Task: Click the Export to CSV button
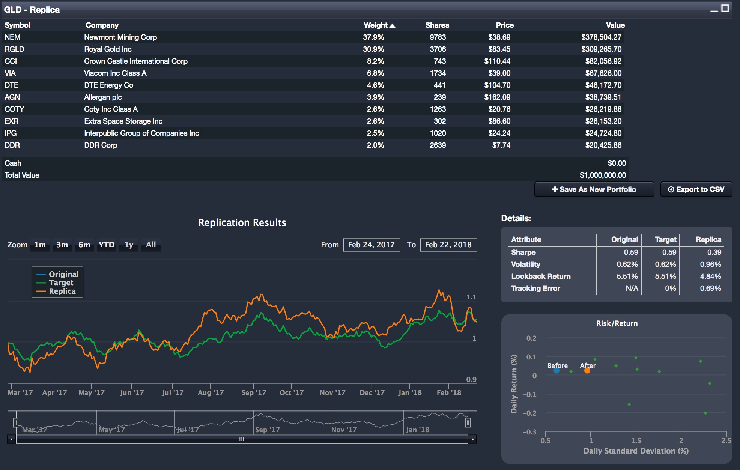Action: click(x=696, y=189)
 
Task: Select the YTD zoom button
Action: click(x=106, y=245)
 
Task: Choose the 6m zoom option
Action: click(x=84, y=245)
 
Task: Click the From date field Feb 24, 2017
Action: click(x=371, y=245)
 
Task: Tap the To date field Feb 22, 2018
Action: click(x=448, y=245)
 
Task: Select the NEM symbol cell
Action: click(x=12, y=37)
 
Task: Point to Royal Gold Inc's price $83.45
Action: click(x=499, y=49)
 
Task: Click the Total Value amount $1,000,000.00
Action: click(x=603, y=175)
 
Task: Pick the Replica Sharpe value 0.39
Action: click(x=714, y=252)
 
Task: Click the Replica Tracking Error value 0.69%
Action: click(x=710, y=288)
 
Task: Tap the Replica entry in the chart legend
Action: click(x=62, y=291)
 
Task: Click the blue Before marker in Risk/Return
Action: click(x=557, y=371)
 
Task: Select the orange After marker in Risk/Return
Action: click(x=587, y=371)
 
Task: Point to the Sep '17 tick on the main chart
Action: click(x=254, y=392)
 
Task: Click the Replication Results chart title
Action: click(x=242, y=223)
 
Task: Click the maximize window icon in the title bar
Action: click(x=725, y=8)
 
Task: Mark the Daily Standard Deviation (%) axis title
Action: click(x=636, y=451)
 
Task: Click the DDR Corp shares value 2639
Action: click(x=438, y=145)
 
